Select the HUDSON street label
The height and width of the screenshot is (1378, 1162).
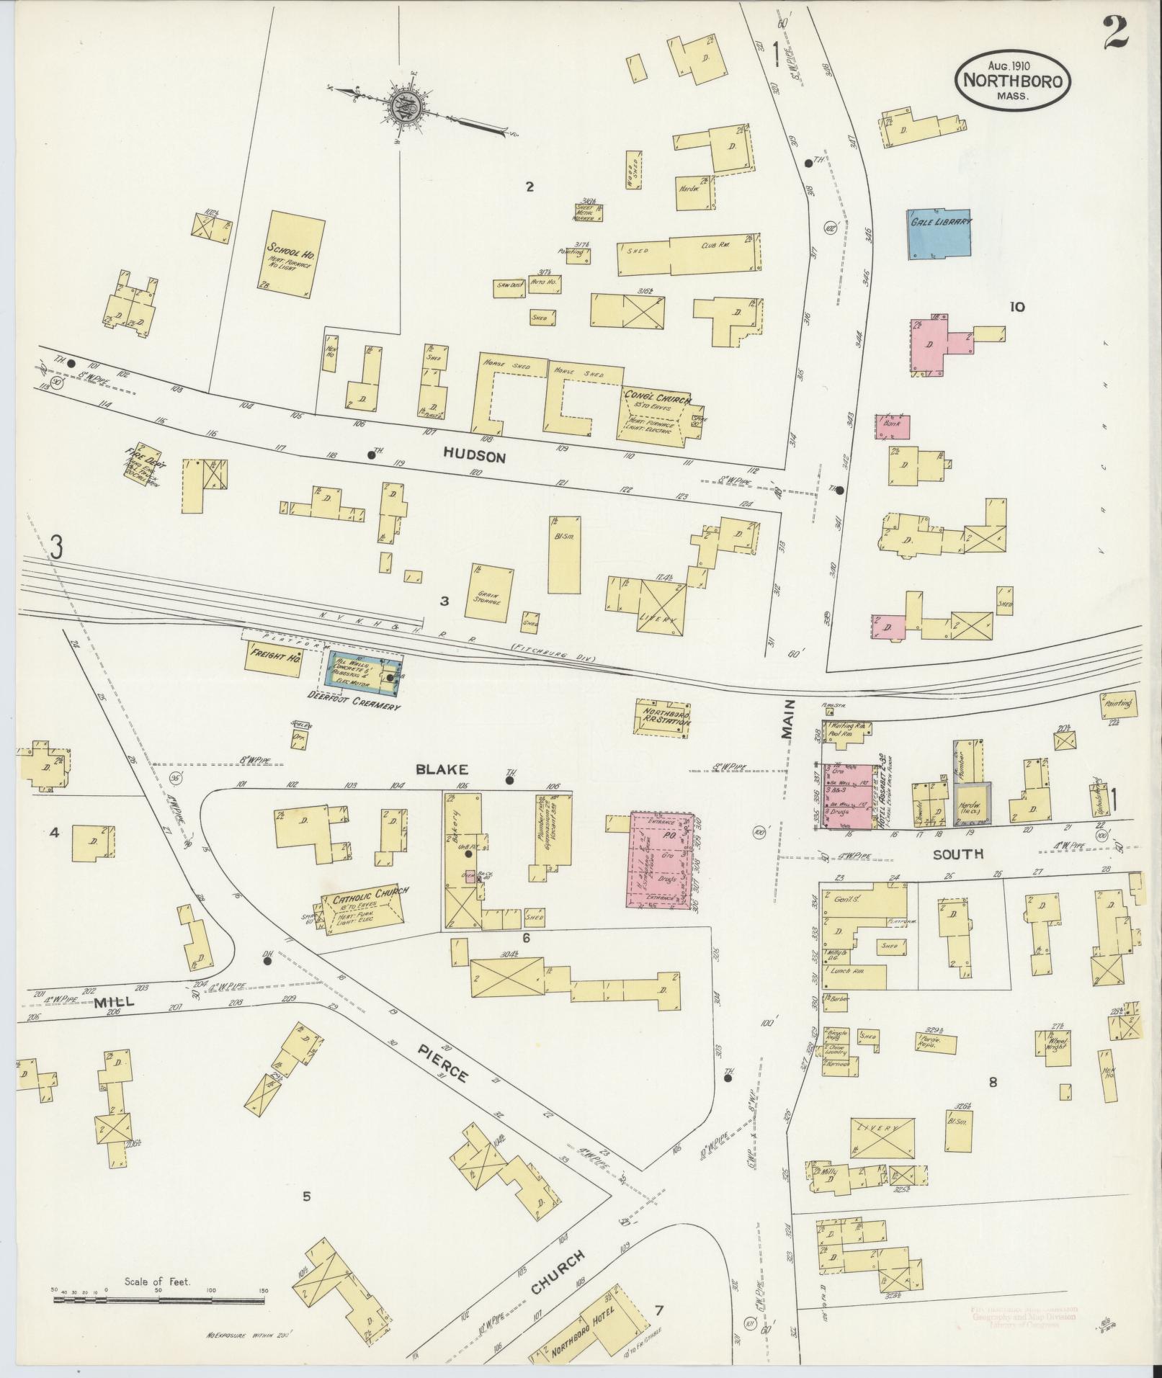[475, 457]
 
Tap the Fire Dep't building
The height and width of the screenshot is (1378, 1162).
[143, 465]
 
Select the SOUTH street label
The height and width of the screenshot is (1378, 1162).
[958, 854]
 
